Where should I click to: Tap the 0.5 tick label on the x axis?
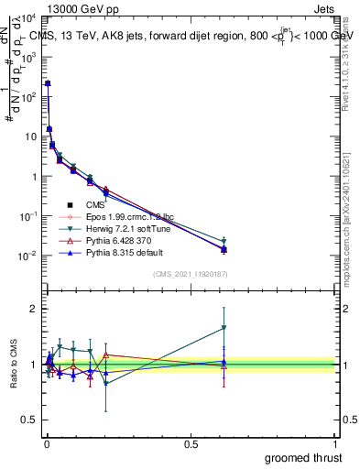click(191, 444)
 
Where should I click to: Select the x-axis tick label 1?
click(336, 444)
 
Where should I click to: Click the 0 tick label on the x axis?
click(46, 444)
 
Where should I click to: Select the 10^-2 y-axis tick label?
click(27, 256)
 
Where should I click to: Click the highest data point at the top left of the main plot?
click(48, 83)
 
